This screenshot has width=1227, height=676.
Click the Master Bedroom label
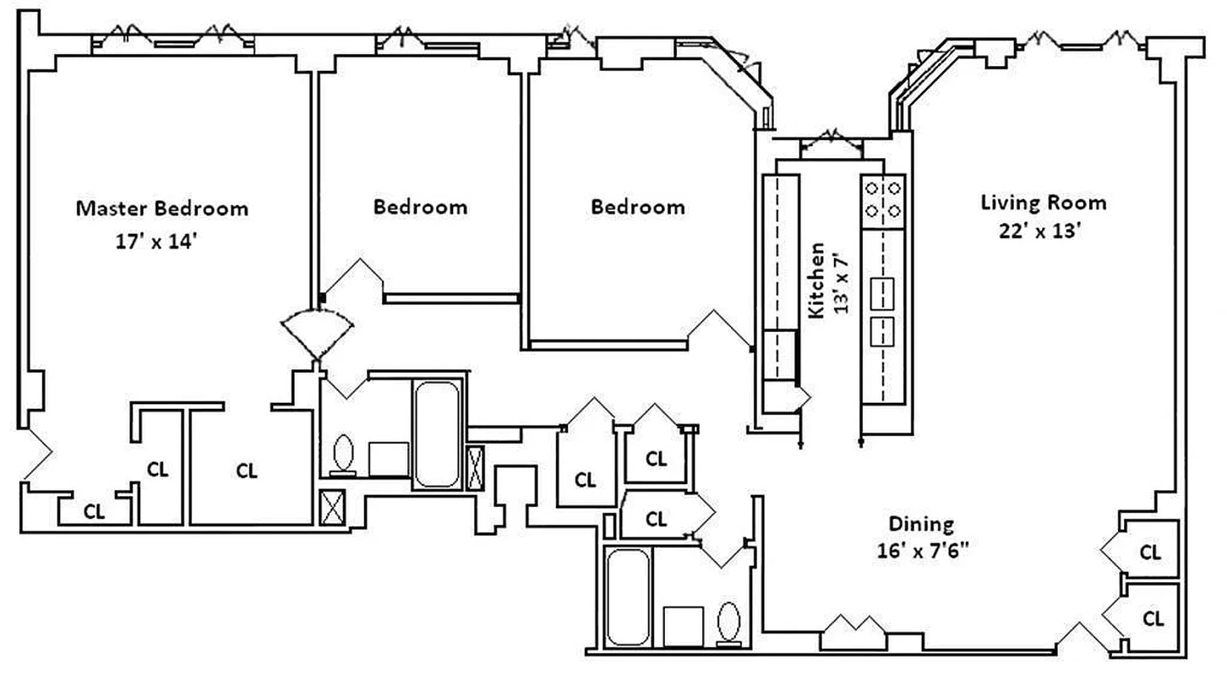coord(162,208)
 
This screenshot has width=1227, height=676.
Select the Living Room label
coord(1043,203)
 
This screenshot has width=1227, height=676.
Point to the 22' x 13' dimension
coord(1040,232)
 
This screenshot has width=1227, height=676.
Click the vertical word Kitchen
coord(817,281)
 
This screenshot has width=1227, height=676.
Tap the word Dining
coord(920,523)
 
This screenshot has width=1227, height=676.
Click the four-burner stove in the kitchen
coord(883,201)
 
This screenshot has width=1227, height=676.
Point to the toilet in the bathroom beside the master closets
coord(344,453)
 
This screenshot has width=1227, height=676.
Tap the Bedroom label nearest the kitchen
coord(637,207)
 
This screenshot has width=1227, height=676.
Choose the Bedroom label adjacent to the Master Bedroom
coord(420,207)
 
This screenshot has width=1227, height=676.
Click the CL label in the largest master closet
coord(247,470)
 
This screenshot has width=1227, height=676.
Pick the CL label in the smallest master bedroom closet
coord(94,511)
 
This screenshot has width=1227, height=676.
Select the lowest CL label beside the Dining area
coord(1153,619)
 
